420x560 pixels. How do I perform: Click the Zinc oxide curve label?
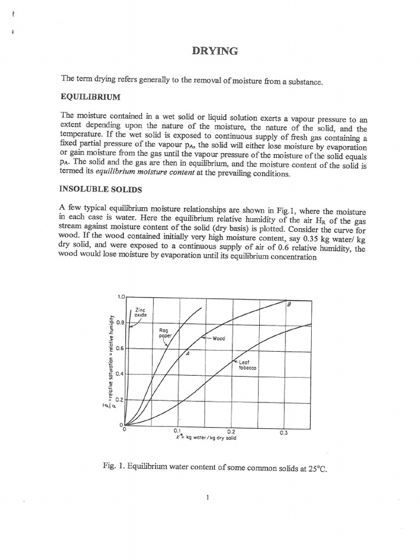[x=141, y=312]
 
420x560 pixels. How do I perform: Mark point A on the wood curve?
[x=187, y=353]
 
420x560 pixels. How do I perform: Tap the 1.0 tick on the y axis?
[x=121, y=297]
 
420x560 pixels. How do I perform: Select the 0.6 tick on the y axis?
[x=120, y=348]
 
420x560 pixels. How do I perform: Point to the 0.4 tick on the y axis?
[x=120, y=374]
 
